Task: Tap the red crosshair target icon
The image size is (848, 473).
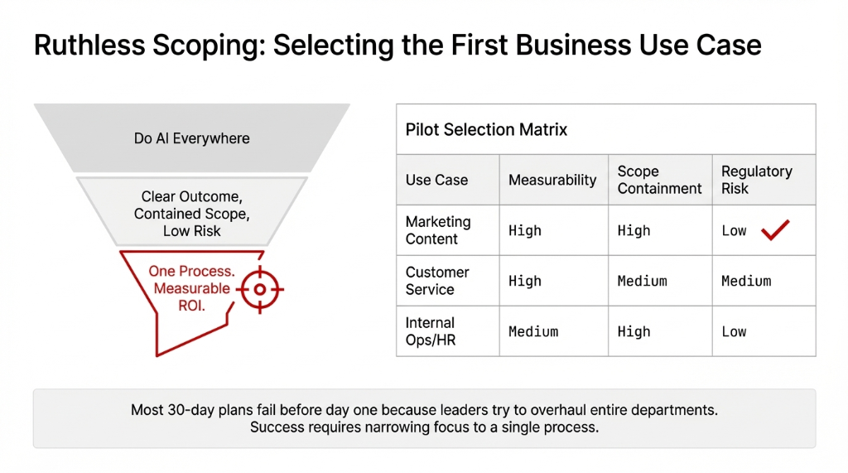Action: (x=260, y=289)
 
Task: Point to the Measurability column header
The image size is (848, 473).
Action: (x=552, y=180)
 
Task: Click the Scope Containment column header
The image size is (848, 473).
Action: (x=659, y=180)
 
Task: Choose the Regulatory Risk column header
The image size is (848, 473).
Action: (x=756, y=180)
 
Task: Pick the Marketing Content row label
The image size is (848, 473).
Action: (x=438, y=230)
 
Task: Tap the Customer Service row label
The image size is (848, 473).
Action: (x=437, y=281)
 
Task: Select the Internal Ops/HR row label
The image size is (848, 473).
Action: (x=431, y=331)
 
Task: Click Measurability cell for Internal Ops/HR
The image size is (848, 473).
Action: (x=533, y=331)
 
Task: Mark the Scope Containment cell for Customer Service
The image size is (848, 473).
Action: (x=642, y=281)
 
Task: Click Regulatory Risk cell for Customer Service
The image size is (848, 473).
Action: (x=746, y=281)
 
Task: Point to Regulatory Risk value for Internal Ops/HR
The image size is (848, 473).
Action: (x=734, y=331)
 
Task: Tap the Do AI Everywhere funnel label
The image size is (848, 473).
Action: (x=191, y=138)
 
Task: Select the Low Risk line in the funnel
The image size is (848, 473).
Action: (x=192, y=231)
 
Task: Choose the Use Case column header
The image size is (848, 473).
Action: (x=436, y=180)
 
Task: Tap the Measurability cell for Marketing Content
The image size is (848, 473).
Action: (x=525, y=230)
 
